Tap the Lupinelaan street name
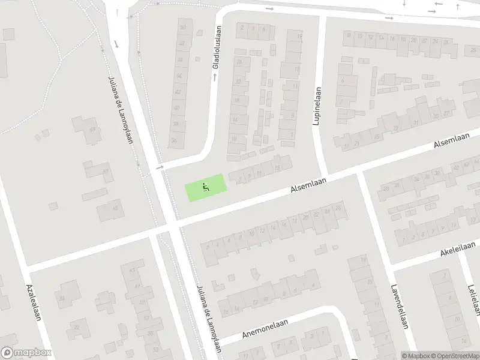point(317,106)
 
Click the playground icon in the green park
point(206,187)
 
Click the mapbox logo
point(25,353)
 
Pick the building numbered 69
point(92,130)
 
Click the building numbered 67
point(106,172)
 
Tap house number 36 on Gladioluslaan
point(175,140)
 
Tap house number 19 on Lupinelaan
point(299,35)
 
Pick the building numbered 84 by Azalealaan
point(61,298)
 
